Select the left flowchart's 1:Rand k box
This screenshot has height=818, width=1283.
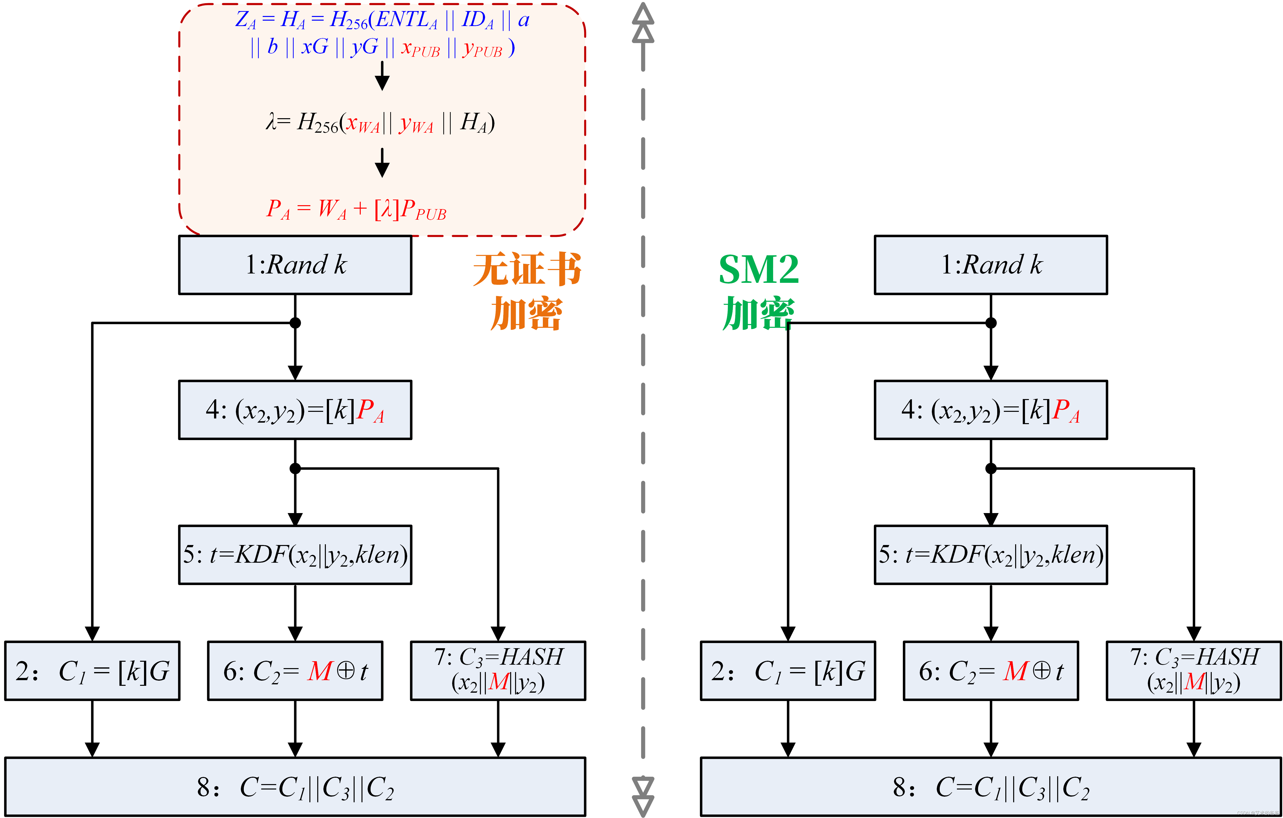point(295,265)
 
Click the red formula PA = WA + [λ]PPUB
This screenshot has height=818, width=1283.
point(356,209)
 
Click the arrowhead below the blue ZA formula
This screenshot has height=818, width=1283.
point(382,83)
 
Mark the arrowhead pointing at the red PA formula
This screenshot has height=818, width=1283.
point(382,170)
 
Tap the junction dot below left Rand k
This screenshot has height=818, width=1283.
point(295,323)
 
